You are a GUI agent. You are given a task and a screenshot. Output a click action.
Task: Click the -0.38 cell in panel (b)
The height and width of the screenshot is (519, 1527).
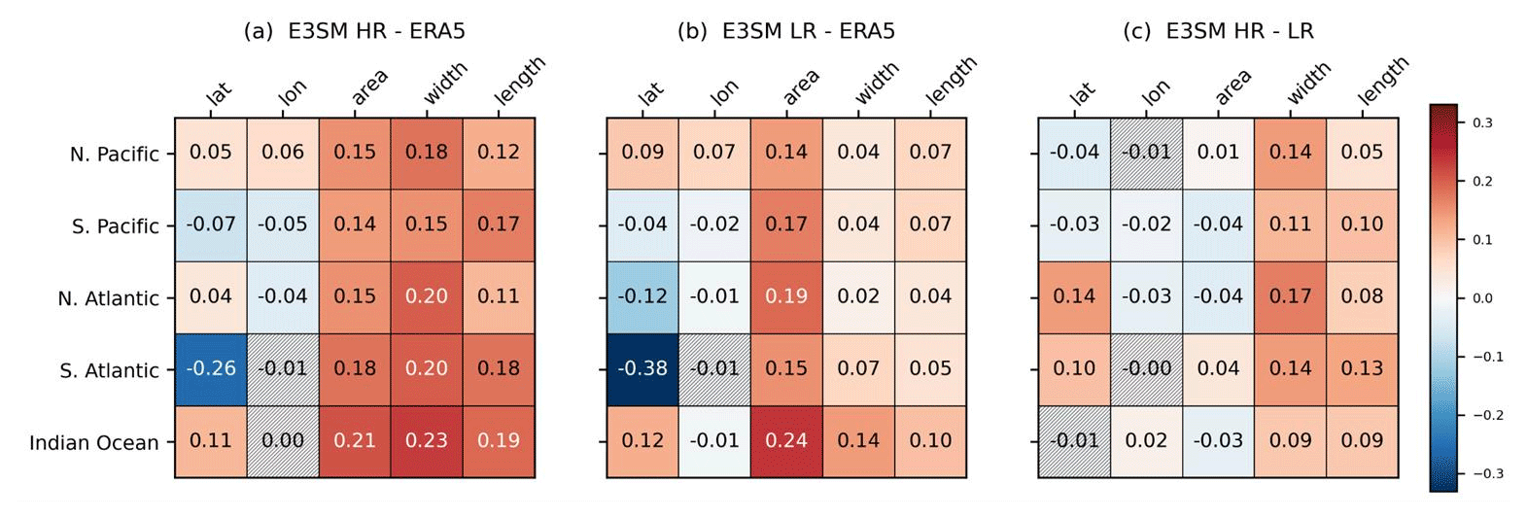pos(642,369)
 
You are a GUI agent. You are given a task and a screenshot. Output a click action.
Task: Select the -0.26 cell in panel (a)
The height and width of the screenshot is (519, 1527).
pos(211,369)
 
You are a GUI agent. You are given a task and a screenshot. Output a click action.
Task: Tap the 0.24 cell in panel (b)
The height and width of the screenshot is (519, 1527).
pos(786,441)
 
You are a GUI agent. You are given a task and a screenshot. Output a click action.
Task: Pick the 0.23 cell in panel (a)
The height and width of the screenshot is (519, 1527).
pos(427,441)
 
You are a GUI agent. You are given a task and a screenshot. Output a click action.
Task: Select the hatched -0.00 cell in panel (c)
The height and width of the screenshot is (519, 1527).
pos(1146,369)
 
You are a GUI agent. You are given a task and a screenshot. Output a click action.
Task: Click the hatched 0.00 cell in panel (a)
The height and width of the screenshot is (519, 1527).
pos(283,441)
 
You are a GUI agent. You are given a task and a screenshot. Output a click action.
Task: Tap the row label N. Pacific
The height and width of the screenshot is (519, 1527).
pos(114,155)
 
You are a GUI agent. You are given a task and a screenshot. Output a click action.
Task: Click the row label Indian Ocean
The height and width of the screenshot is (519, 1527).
pos(93,443)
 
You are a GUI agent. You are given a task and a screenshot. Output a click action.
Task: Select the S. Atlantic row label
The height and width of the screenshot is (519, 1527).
pos(109,371)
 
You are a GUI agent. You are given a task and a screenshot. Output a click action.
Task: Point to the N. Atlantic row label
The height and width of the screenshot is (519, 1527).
pos(108,299)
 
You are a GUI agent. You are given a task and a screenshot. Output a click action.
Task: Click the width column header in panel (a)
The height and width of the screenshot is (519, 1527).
pos(444,84)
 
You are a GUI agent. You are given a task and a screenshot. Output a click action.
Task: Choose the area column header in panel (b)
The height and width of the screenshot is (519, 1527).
pos(801,87)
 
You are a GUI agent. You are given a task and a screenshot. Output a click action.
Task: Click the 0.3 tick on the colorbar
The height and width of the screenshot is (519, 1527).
pos(1482,123)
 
